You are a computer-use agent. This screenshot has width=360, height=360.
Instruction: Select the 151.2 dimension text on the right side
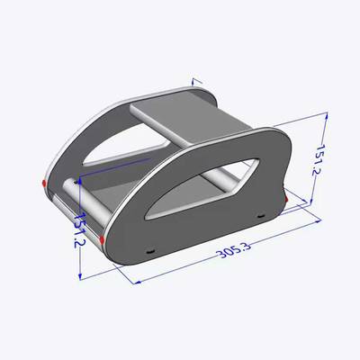319,160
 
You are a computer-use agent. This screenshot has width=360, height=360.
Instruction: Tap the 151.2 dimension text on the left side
80,229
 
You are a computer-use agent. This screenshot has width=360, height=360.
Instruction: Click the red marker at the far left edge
44,183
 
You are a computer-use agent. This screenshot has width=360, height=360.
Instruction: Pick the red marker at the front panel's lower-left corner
102,239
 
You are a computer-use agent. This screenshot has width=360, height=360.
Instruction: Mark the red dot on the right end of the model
286,199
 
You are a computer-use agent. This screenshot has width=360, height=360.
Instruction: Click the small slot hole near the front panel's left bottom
149,251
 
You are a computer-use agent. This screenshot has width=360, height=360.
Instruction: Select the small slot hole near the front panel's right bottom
261,215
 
